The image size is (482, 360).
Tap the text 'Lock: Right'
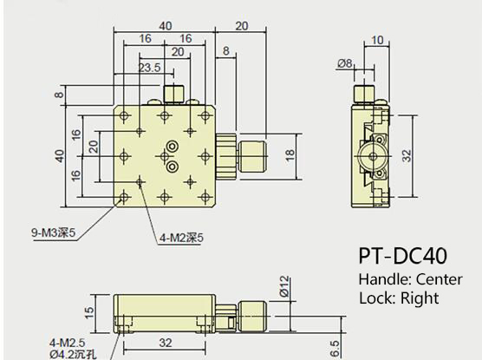(398, 298)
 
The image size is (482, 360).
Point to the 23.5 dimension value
(149, 68)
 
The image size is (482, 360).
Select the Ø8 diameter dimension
(344, 63)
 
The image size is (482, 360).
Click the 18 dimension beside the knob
(290, 154)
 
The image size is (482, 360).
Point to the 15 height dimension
(89, 312)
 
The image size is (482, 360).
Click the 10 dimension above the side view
(376, 40)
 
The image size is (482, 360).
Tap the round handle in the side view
(375, 156)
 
